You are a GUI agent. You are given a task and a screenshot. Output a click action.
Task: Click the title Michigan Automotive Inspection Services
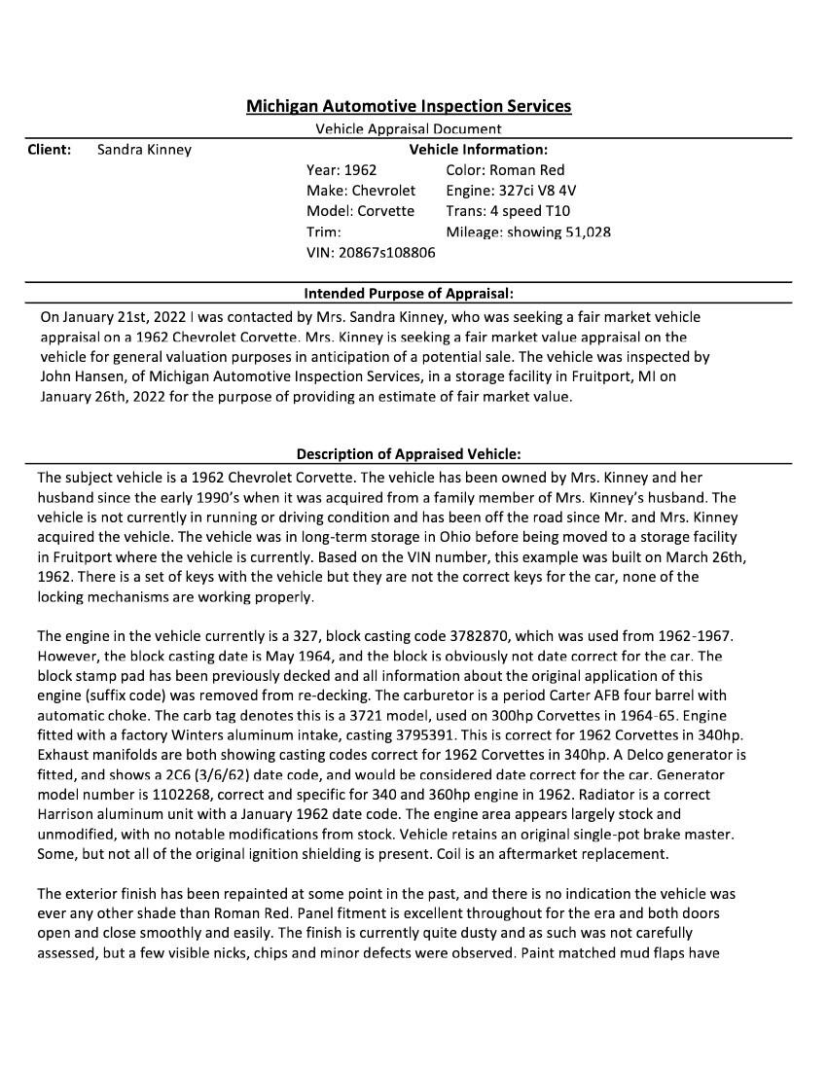tap(409, 106)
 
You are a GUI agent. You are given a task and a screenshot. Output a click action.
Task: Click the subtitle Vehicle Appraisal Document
tap(409, 128)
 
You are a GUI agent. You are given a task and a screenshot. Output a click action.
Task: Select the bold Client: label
tap(50, 150)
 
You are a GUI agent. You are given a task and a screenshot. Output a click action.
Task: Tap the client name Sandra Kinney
tap(145, 150)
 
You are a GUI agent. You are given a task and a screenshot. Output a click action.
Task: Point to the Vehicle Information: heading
tap(478, 150)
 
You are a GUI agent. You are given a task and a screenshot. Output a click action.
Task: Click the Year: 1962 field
tap(342, 170)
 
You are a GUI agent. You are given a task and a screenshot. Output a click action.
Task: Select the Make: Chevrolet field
tap(360, 191)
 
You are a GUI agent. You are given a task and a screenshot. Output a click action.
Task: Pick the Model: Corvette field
tap(360, 211)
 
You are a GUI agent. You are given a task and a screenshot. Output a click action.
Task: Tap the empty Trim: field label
tap(324, 232)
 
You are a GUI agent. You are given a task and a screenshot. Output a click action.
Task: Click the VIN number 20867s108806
tap(387, 253)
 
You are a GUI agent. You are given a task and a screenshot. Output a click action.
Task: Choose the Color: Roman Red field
tap(505, 170)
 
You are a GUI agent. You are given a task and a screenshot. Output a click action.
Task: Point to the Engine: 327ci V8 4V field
tap(511, 191)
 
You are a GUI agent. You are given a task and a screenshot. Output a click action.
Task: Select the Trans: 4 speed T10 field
tap(508, 211)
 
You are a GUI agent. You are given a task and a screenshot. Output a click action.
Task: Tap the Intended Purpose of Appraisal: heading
tap(409, 293)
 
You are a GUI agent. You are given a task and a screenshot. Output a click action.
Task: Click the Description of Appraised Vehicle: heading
tap(409, 454)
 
